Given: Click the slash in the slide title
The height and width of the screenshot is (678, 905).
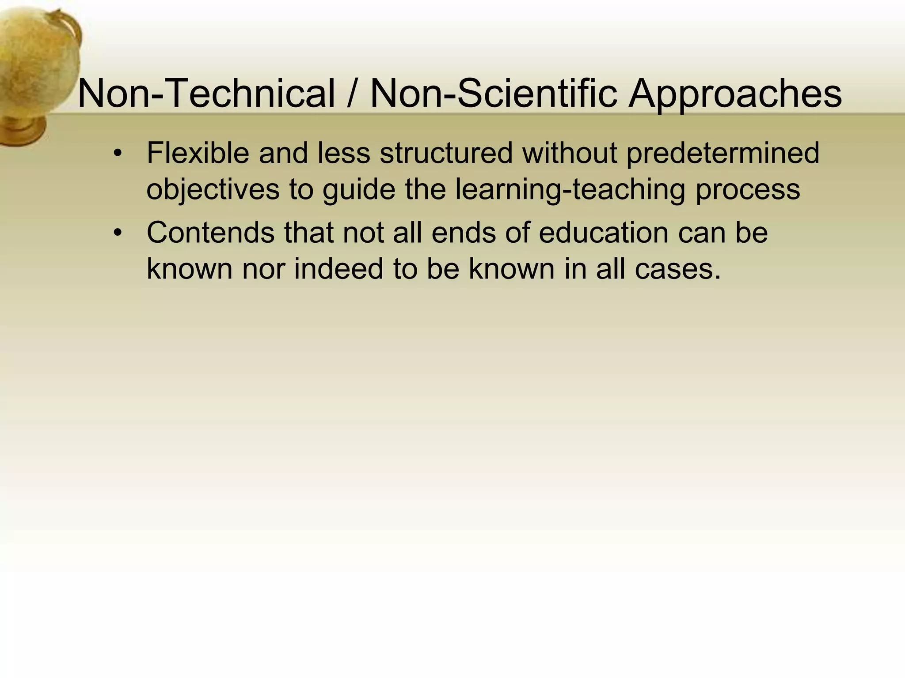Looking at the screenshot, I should coord(352,94).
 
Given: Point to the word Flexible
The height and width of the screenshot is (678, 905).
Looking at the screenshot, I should coord(198,153).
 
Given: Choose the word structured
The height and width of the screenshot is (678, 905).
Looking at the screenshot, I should coord(446,153).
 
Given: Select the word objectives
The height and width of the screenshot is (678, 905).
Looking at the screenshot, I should coord(213,190).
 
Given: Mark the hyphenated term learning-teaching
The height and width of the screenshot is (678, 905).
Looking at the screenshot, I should coord(570,190).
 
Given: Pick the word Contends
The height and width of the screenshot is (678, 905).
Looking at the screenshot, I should coord(210,233).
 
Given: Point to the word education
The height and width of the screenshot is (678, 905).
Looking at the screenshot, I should coord(603,233).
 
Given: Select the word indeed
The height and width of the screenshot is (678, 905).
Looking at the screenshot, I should coord(338,269).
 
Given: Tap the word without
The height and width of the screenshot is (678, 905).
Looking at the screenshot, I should coord(570,153).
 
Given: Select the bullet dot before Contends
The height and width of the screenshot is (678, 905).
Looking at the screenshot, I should coord(117,233).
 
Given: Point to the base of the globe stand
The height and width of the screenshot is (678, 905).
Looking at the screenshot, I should coord(22,130).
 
